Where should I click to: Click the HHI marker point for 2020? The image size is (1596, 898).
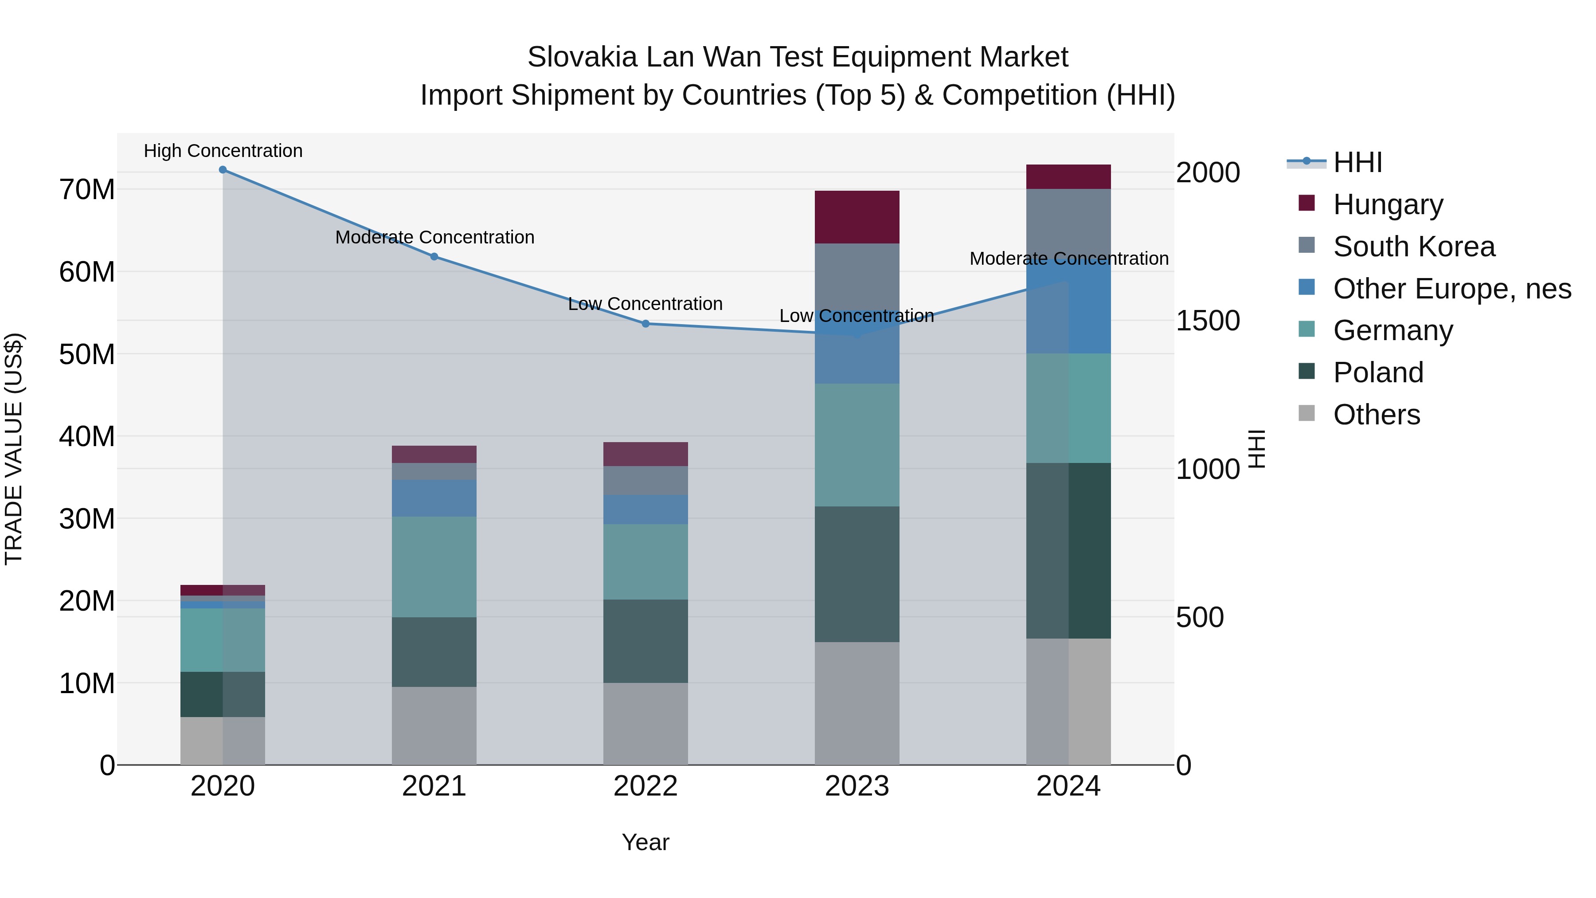223,170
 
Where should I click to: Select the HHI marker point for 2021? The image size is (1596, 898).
434,257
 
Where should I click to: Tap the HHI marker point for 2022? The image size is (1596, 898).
645,324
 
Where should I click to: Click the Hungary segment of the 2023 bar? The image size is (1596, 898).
857,217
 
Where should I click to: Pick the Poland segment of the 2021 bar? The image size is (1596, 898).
434,651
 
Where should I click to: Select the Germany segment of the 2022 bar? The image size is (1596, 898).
645,561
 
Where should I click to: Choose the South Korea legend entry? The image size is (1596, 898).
1414,247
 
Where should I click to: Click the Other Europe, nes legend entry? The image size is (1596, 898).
1451,289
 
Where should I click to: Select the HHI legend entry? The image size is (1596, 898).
1357,162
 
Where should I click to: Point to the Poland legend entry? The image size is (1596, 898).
1378,373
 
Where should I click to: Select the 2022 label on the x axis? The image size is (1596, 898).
645,786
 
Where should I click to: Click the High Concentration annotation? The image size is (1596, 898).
223,151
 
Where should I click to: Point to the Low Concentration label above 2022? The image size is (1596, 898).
645,304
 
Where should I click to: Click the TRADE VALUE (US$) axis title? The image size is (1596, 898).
14,449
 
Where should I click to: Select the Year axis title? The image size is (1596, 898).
645,842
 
